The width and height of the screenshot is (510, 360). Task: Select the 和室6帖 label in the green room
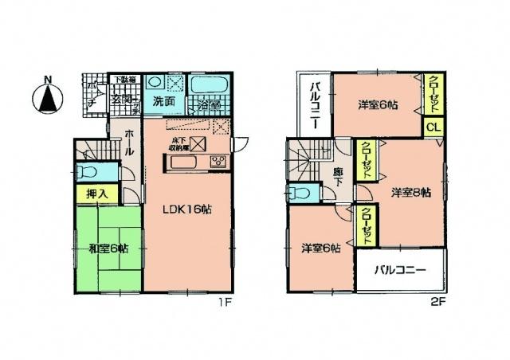[108, 248]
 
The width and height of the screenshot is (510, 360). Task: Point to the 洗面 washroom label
[164, 101]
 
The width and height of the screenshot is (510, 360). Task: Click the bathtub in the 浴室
[210, 84]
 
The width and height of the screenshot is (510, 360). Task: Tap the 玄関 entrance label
[123, 100]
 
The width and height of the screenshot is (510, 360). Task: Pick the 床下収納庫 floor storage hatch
[197, 144]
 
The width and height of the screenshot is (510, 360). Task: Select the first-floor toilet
[88, 172]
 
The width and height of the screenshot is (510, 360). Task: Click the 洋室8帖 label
[411, 193]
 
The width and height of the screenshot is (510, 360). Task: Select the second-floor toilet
[300, 193]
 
